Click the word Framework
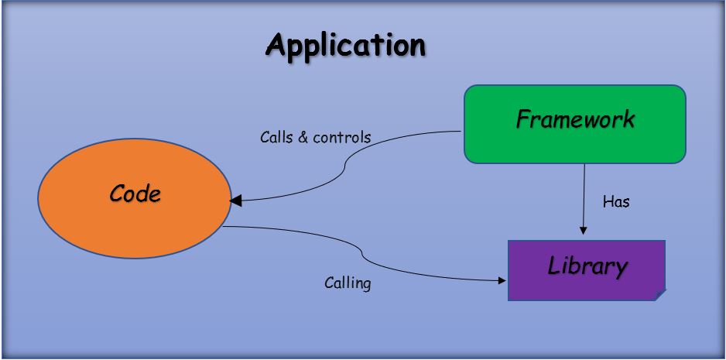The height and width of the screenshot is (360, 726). pos(574,120)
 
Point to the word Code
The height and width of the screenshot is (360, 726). pos(135,194)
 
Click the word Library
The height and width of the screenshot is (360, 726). pos(587,266)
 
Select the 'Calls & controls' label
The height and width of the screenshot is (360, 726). pos(315,138)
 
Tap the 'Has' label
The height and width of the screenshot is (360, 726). pos(616,202)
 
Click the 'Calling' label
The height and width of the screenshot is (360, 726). pos(348,283)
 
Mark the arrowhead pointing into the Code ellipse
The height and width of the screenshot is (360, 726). pos(236,201)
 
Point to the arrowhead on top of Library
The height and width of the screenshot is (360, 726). pos(583,230)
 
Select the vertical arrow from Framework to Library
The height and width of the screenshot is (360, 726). pos(583,197)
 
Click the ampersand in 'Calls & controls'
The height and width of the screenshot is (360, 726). pos(303,138)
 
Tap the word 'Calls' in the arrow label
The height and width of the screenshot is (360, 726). pos(276,138)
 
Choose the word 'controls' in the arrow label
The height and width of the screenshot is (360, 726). pos(341,138)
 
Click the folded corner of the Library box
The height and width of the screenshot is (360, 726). pos(659,294)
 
